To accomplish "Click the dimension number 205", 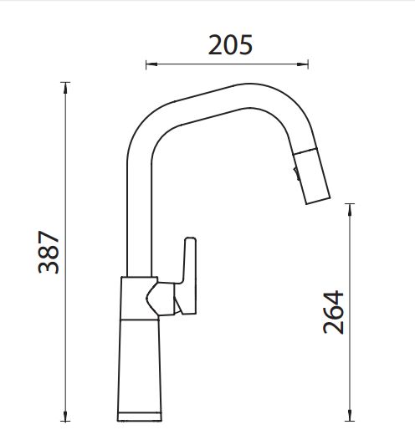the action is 230,44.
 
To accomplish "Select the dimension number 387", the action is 49,252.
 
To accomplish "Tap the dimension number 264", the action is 333,312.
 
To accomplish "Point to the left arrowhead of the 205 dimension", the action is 151,64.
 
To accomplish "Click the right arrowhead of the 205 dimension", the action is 303,64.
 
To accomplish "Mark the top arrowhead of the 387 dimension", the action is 65,88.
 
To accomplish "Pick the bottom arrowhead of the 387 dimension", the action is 65,416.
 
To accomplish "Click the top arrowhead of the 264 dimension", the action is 350,209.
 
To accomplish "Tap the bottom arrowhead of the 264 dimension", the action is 350,416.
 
